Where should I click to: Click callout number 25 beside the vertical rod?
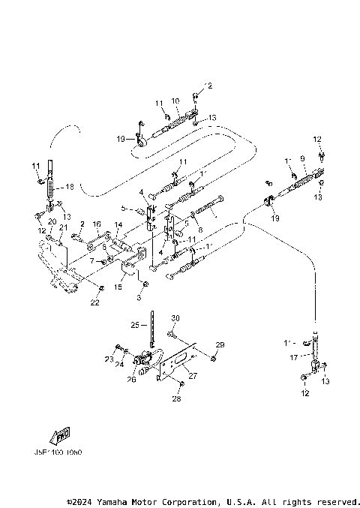click(134, 325)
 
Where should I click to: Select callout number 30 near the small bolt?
click(175, 318)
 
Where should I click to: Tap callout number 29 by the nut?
click(220, 344)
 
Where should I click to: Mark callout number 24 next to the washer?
click(120, 364)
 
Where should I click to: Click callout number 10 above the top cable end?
click(175, 101)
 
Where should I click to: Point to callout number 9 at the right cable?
click(302, 159)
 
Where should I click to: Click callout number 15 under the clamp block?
click(118, 287)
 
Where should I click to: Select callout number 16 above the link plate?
click(97, 224)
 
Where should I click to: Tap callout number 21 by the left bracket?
click(63, 227)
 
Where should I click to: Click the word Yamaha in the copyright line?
click(121, 501)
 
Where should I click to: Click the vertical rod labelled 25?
click(151, 330)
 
